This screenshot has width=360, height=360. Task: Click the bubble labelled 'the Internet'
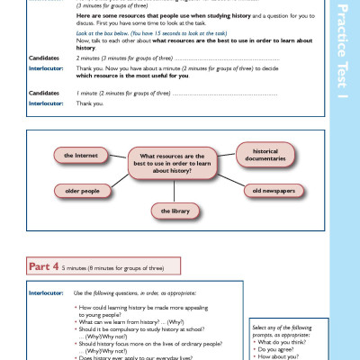[80, 156]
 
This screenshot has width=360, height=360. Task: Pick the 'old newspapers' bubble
[268, 190]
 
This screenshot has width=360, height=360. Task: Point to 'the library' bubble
[175, 211]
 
